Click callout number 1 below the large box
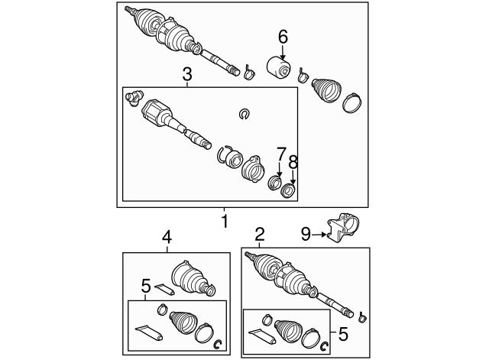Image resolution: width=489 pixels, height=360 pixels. coord(225,222)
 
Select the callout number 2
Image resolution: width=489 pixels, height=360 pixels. coord(260,234)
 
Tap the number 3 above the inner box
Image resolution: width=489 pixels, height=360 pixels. coord(186,74)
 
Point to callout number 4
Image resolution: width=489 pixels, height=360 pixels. coord(167,238)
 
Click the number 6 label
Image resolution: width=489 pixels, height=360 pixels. coord(283,36)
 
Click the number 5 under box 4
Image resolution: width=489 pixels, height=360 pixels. coord(146,287)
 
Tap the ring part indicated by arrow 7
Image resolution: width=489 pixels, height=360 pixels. coord(276,182)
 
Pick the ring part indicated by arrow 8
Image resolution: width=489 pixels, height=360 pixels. coord(288,190)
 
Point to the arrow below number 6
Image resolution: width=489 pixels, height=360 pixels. coord(283,52)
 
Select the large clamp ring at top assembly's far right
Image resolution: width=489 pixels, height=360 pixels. coord(355,104)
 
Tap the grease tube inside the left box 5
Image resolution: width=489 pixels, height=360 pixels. coord(148,332)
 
